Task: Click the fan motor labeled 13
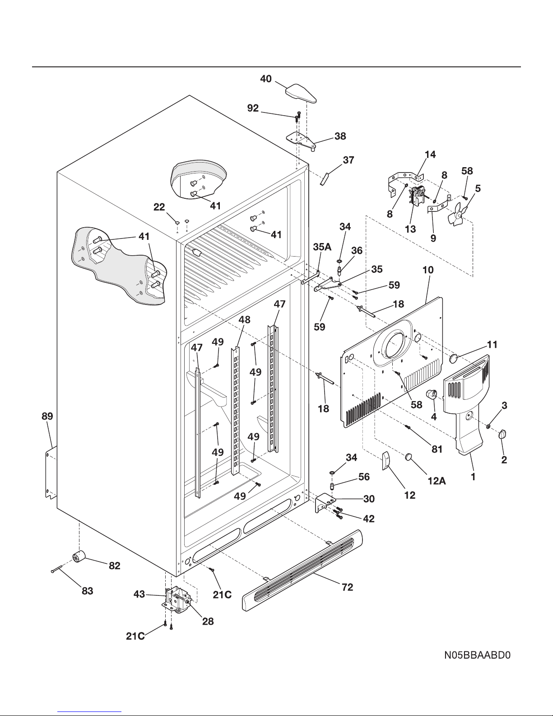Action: pyautogui.click(x=417, y=198)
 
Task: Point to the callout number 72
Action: pyautogui.click(x=347, y=587)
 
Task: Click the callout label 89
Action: pyautogui.click(x=47, y=416)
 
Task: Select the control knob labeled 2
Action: pyautogui.click(x=503, y=434)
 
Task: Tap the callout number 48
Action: pyautogui.click(x=244, y=320)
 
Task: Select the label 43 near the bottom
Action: pyautogui.click(x=139, y=594)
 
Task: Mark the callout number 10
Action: pyautogui.click(x=428, y=270)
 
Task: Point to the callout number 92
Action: pyautogui.click(x=253, y=108)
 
